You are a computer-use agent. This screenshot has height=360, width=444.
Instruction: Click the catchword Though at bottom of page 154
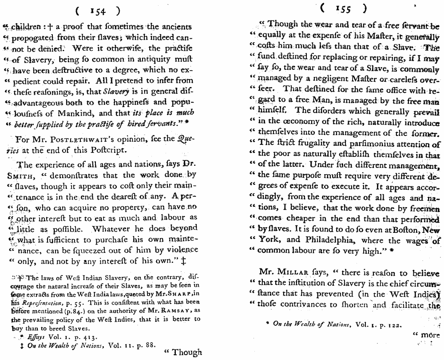coord(183,352)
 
